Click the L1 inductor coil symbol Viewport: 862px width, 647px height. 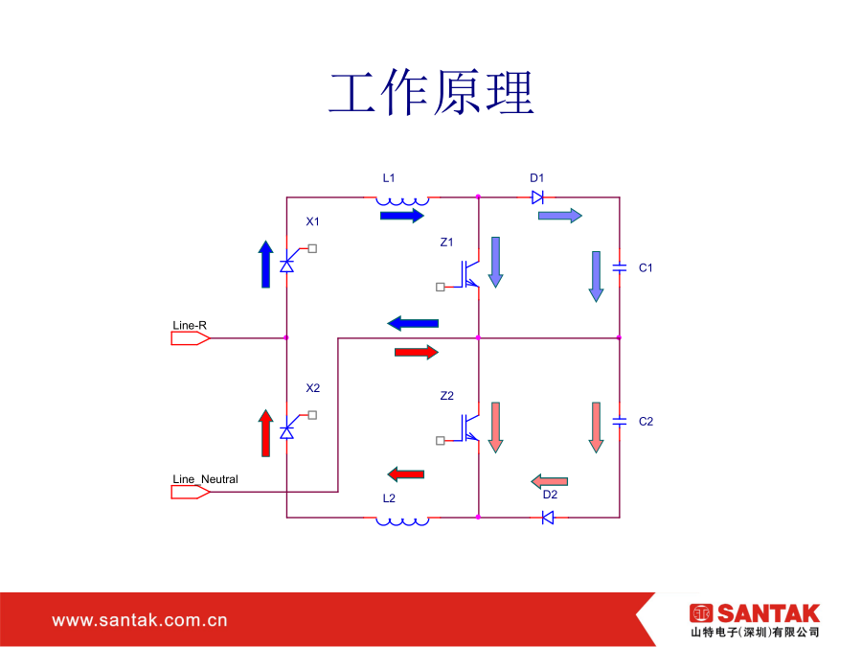[402, 201]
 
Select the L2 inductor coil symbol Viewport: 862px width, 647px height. [402, 521]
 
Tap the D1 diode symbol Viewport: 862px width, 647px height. [537, 196]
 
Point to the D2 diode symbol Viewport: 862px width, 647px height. [548, 518]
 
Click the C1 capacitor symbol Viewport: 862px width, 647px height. [620, 268]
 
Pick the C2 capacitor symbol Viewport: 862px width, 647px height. [620, 422]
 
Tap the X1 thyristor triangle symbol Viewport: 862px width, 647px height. [287, 266]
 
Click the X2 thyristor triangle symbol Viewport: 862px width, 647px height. [287, 432]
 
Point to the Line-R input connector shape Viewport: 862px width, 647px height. [191, 338]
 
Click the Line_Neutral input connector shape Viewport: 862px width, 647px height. [191, 492]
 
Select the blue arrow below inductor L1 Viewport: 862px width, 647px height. [402, 216]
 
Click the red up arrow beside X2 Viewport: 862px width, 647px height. [266, 433]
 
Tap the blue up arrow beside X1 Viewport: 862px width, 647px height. [266, 265]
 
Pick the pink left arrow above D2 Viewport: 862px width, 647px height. [549, 481]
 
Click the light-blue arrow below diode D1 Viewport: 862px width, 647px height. [560, 216]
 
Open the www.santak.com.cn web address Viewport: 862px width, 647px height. [140, 620]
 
